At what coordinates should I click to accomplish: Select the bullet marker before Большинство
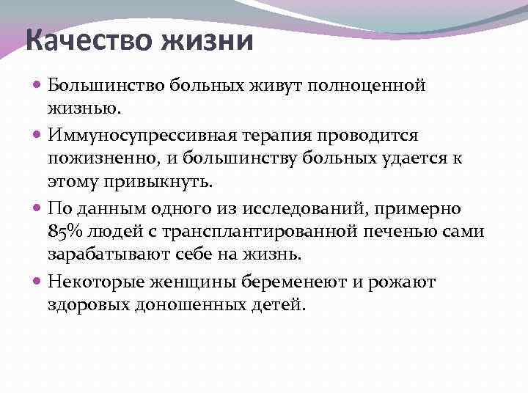point(38,85)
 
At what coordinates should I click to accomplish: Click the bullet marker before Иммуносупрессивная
point(38,135)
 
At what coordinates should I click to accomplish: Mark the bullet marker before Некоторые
point(38,282)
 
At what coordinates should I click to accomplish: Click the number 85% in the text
point(67,232)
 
